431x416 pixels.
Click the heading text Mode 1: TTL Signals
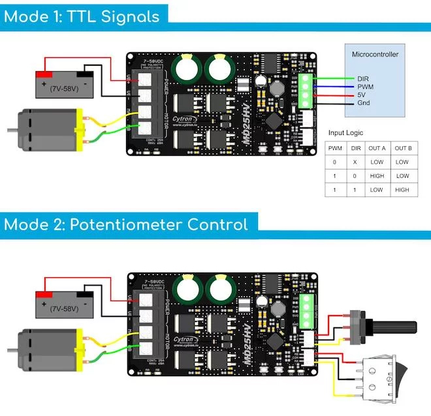pyautogui.click(x=82, y=16)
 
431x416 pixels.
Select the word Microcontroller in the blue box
pyautogui.click(x=374, y=55)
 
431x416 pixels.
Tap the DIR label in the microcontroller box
pyautogui.click(x=363, y=78)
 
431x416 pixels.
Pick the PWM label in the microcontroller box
pyautogui.click(x=365, y=86)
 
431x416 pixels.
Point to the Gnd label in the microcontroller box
pyautogui.click(x=364, y=103)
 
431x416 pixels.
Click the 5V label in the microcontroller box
pyautogui.click(x=361, y=95)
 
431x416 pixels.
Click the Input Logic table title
pyautogui.click(x=345, y=133)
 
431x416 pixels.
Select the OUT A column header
pyautogui.click(x=377, y=148)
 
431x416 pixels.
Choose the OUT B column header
pyautogui.click(x=403, y=148)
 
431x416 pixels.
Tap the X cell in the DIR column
pyautogui.click(x=354, y=162)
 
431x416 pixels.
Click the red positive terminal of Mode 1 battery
pyautogui.click(x=44, y=74)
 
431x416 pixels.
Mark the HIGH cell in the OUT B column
pyautogui.click(x=403, y=190)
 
